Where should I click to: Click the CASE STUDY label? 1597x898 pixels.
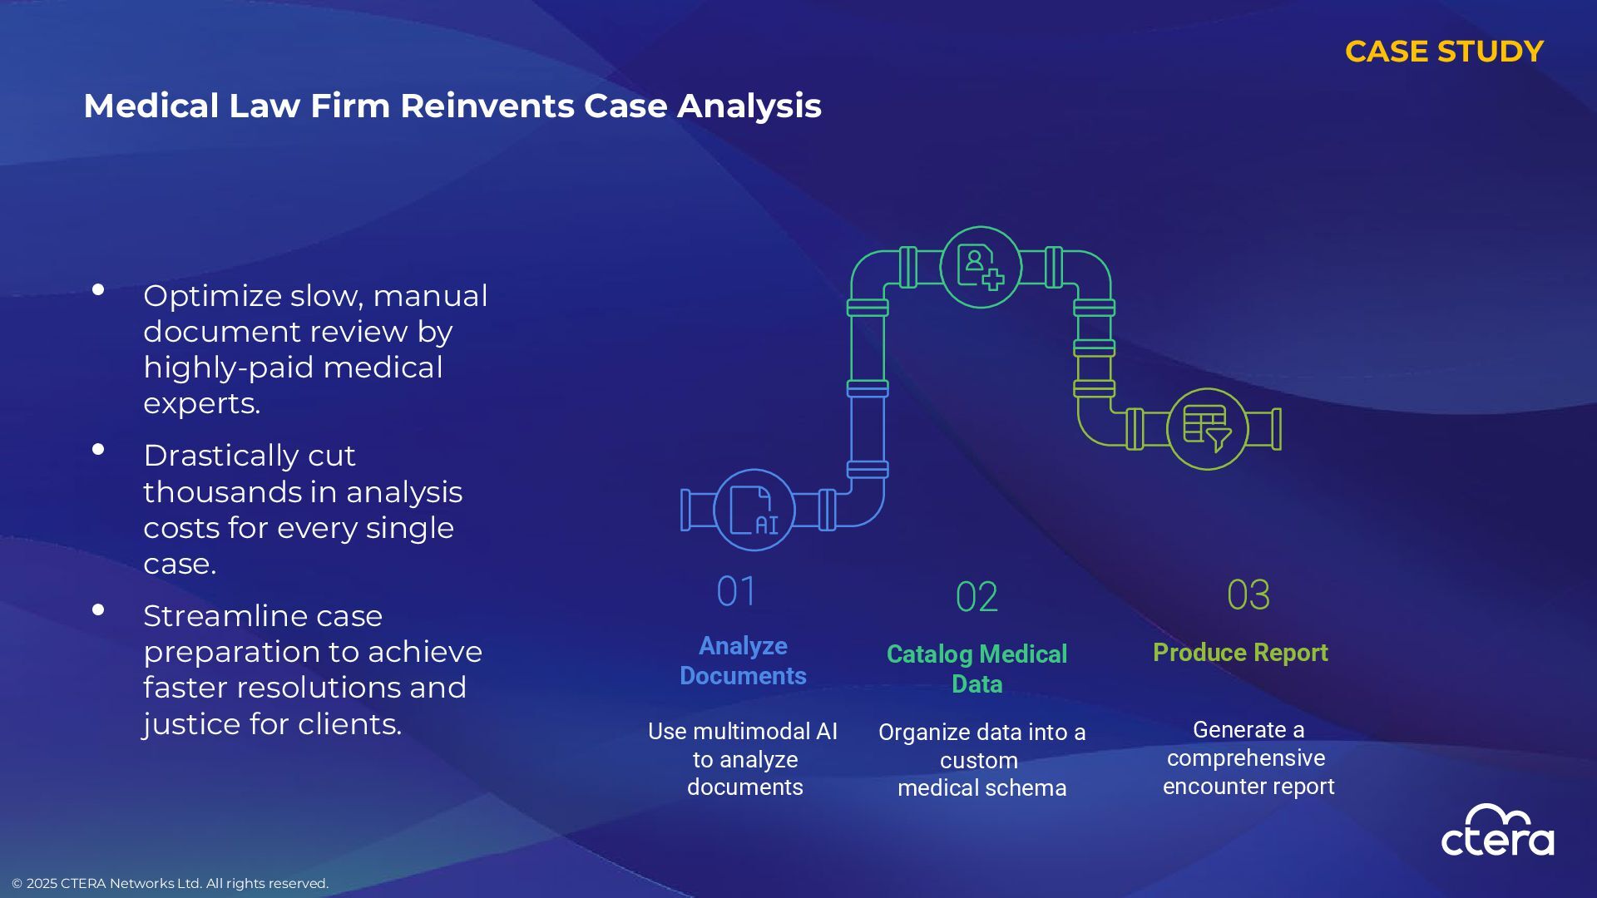[x=1444, y=52]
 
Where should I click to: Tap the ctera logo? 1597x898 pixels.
[x=1497, y=831]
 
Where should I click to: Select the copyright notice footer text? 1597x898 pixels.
[x=170, y=883]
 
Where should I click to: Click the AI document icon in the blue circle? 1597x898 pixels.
[x=754, y=510]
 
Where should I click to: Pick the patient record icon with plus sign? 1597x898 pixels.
[x=981, y=267]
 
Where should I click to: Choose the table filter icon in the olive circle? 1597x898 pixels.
[x=1207, y=428]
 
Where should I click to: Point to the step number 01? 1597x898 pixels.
[x=736, y=592]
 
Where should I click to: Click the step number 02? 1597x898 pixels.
[x=976, y=597]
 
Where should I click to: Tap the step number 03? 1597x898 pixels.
[x=1248, y=595]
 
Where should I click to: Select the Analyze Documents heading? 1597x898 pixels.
[x=743, y=660]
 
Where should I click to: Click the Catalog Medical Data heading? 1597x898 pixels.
[x=976, y=669]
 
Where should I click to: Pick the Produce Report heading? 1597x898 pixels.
[x=1240, y=653]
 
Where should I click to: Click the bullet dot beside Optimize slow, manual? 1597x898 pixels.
[x=98, y=290]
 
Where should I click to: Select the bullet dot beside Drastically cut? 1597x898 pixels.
[x=98, y=450]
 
